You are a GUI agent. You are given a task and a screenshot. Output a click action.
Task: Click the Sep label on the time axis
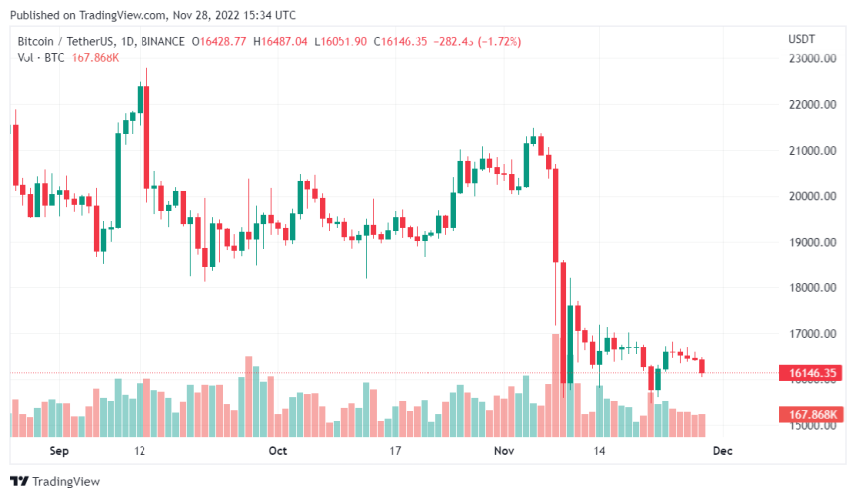pos(59,451)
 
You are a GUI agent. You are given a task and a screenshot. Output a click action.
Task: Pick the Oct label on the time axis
pos(278,451)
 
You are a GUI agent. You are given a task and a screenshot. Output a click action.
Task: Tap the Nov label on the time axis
pos(505,451)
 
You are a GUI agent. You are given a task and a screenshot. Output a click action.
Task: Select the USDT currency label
pos(802,38)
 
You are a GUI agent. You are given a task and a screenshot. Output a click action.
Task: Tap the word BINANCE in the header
pos(161,41)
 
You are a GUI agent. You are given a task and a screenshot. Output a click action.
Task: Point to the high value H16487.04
pos(280,41)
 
